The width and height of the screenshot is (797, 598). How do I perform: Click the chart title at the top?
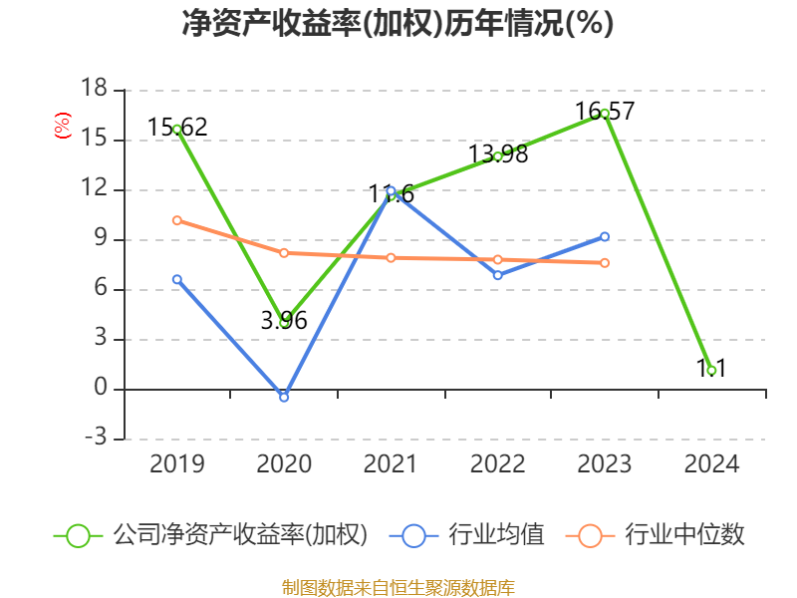[x=398, y=24]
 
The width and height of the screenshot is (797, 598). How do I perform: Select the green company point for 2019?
[x=176, y=129]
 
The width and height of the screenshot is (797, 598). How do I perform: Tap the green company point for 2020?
[x=284, y=322]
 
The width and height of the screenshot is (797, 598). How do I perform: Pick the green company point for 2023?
[x=605, y=113]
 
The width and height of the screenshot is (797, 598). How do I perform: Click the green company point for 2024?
[x=711, y=370]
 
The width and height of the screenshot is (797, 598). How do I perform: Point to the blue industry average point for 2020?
[x=284, y=398]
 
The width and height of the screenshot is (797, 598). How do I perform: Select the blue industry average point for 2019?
[x=176, y=279]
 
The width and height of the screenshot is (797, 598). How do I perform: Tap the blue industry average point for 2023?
[x=605, y=236]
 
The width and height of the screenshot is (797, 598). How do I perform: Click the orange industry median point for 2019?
[x=176, y=220]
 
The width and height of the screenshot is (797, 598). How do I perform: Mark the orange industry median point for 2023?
[x=605, y=263]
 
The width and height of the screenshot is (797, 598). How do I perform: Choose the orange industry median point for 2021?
[x=391, y=257]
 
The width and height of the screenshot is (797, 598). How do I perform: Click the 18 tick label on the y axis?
[x=94, y=90]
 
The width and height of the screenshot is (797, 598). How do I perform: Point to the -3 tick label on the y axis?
[x=94, y=439]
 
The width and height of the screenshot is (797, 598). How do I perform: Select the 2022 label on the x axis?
[x=497, y=464]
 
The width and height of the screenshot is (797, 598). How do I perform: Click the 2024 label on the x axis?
[x=711, y=464]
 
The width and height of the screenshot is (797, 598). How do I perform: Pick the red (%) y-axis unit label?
[x=63, y=127]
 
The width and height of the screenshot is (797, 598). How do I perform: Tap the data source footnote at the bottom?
[x=398, y=587]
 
